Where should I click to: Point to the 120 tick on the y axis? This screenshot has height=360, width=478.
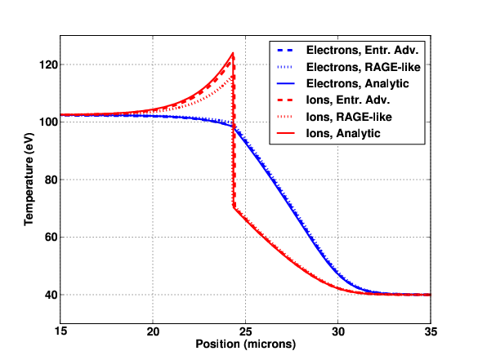coord(48,64)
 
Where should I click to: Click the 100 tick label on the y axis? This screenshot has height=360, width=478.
coord(48,122)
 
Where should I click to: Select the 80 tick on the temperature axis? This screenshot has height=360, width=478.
coord(51,180)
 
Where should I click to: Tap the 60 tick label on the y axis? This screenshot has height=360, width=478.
coord(51,238)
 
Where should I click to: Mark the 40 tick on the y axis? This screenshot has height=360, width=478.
coord(51,295)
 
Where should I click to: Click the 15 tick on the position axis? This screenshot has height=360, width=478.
coord(60,331)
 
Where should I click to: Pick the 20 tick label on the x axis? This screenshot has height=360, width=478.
coord(153,331)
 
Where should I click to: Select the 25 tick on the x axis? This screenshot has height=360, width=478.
coord(245,331)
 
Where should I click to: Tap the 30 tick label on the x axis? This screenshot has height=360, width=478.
coord(338,331)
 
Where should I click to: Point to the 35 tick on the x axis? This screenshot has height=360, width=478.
coord(431,331)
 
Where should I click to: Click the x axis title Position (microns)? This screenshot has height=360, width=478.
coord(246,344)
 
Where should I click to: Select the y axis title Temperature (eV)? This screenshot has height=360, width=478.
coord(29,180)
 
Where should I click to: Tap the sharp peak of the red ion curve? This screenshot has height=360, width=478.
coord(233,53)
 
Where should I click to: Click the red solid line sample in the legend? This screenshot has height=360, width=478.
coord(286,133)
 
